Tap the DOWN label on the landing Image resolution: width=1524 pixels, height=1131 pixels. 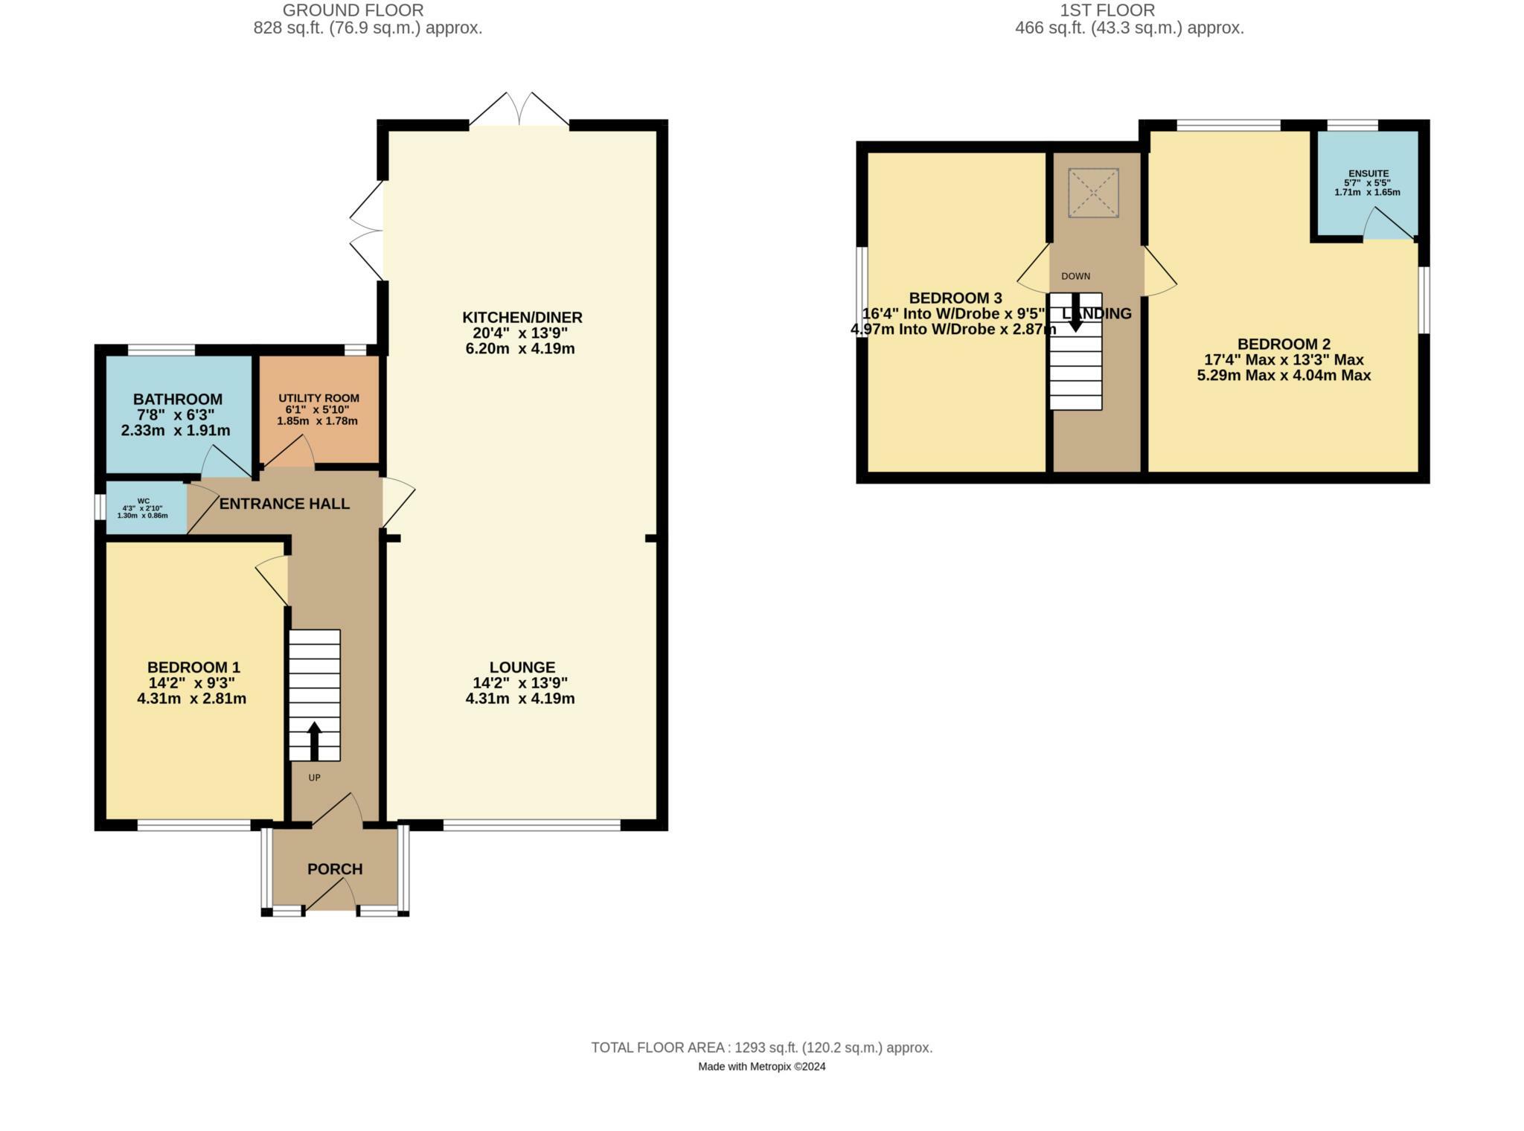(1075, 276)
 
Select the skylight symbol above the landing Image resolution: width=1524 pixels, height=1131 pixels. (1093, 193)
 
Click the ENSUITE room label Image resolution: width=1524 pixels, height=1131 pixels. (1366, 173)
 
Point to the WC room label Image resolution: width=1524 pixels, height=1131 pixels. (143, 501)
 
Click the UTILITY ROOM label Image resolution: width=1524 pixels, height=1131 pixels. (318, 398)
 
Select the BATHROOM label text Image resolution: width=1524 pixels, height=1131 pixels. (177, 400)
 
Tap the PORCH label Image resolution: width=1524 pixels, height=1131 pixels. (335, 869)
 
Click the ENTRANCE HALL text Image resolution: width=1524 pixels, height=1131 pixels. (284, 504)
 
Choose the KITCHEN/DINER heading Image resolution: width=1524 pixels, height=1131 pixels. (522, 318)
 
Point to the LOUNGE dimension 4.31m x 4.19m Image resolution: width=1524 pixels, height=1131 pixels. (519, 699)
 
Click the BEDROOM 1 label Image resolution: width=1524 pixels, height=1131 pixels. (193, 667)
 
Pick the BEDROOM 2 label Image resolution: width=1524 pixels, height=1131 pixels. (1284, 344)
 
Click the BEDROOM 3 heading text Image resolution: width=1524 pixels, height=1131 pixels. (955, 298)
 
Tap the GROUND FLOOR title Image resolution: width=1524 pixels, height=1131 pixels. (353, 10)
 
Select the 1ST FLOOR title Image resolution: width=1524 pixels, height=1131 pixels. (1107, 10)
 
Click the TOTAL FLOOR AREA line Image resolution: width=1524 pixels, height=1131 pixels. (761, 1048)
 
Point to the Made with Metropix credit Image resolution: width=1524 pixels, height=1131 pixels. (761, 1066)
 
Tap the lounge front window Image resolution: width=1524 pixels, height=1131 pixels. (531, 824)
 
